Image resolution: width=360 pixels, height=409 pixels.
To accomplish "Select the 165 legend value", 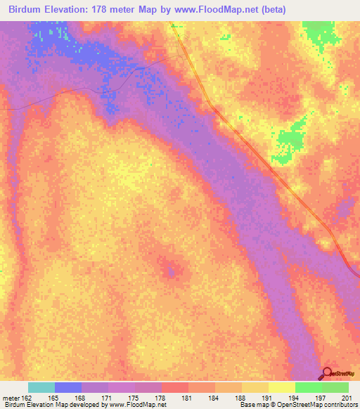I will pos(54,398).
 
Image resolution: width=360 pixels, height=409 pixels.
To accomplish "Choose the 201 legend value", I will pos(345,398).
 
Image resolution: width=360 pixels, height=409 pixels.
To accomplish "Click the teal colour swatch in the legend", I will pos(41,387).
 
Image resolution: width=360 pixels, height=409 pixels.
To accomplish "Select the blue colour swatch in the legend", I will pos(68,387).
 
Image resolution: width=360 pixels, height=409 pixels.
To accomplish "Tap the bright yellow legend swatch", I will pos(281,387).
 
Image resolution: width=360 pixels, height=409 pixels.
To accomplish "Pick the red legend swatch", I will pos(174,387).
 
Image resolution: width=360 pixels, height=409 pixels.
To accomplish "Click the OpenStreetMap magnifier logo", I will pos(328,373).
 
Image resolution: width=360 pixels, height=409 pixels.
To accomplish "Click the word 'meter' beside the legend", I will pos(11,398).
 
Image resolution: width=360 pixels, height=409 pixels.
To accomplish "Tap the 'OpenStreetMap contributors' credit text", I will pos(317,405).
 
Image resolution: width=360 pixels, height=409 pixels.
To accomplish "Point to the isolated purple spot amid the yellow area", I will pos(169,269).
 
